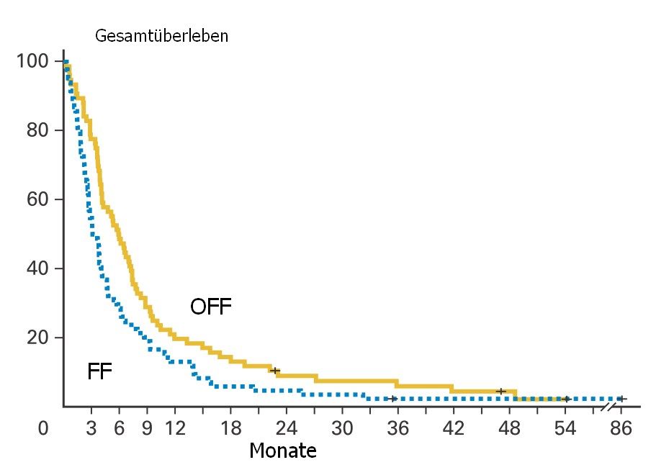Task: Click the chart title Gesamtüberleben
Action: click(x=161, y=36)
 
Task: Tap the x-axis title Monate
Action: click(x=282, y=451)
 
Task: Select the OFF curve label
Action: click(x=210, y=307)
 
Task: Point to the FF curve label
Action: click(x=99, y=372)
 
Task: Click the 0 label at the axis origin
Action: click(x=44, y=430)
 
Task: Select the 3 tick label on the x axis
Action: click(x=91, y=430)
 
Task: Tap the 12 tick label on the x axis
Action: click(x=175, y=430)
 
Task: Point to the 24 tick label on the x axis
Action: click(x=287, y=430)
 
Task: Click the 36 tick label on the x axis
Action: click(x=398, y=430)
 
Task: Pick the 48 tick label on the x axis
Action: click(x=510, y=430)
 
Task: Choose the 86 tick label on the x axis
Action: click(x=621, y=430)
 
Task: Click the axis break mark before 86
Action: click(x=608, y=407)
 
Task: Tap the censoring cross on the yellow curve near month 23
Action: click(x=275, y=371)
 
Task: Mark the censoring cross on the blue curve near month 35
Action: click(x=392, y=399)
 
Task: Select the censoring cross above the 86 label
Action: click(x=621, y=399)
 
